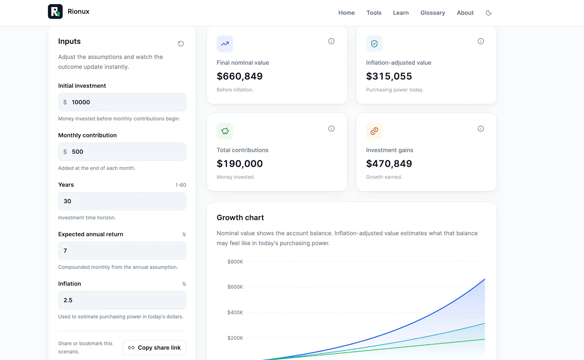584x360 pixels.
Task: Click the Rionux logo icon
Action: pyautogui.click(x=55, y=11)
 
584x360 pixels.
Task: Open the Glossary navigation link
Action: pyautogui.click(x=433, y=13)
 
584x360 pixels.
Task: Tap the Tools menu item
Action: pyautogui.click(x=374, y=13)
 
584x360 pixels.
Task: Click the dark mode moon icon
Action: pyautogui.click(x=489, y=13)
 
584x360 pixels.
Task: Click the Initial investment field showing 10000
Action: pyautogui.click(x=122, y=102)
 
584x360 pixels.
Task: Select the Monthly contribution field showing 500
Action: pyautogui.click(x=122, y=152)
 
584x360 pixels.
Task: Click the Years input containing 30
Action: pyautogui.click(x=122, y=201)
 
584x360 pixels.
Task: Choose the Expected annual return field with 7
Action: pyautogui.click(x=122, y=251)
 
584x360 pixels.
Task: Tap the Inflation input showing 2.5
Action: pyautogui.click(x=122, y=300)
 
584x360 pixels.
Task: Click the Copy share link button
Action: pyautogui.click(x=154, y=348)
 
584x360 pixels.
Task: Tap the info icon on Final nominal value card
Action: pyautogui.click(x=331, y=41)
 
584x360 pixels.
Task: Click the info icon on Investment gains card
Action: pyautogui.click(x=480, y=129)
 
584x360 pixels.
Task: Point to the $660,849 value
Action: pyautogui.click(x=239, y=76)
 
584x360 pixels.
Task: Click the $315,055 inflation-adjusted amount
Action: pyautogui.click(x=389, y=76)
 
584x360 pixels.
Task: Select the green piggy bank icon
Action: pyautogui.click(x=225, y=131)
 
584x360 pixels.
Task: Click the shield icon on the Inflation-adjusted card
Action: pyautogui.click(x=374, y=43)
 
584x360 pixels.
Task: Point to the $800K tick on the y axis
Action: pyautogui.click(x=235, y=262)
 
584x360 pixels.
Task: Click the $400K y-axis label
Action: pyautogui.click(x=235, y=312)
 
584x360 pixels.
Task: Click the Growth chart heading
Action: pyautogui.click(x=240, y=217)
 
